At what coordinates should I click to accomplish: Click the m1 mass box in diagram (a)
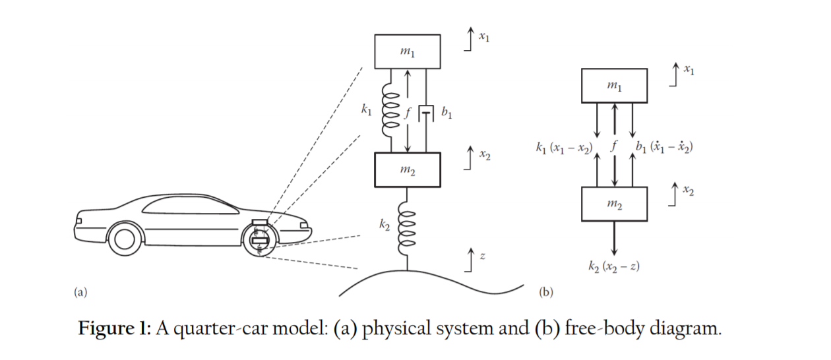click(x=408, y=51)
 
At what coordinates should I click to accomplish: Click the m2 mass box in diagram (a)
click(x=408, y=169)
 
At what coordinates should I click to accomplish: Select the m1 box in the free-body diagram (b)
click(x=614, y=86)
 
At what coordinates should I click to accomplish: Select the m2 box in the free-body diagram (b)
click(x=614, y=204)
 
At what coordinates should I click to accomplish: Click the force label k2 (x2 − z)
click(x=614, y=266)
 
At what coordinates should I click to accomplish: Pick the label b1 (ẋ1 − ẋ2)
click(x=663, y=146)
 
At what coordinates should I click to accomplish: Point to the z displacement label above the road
click(x=483, y=256)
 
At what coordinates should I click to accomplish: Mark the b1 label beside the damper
click(x=446, y=113)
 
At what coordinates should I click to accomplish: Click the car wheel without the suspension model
click(x=125, y=239)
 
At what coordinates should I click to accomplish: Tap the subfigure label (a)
click(x=80, y=291)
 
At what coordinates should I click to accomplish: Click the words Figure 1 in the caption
click(x=115, y=328)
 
